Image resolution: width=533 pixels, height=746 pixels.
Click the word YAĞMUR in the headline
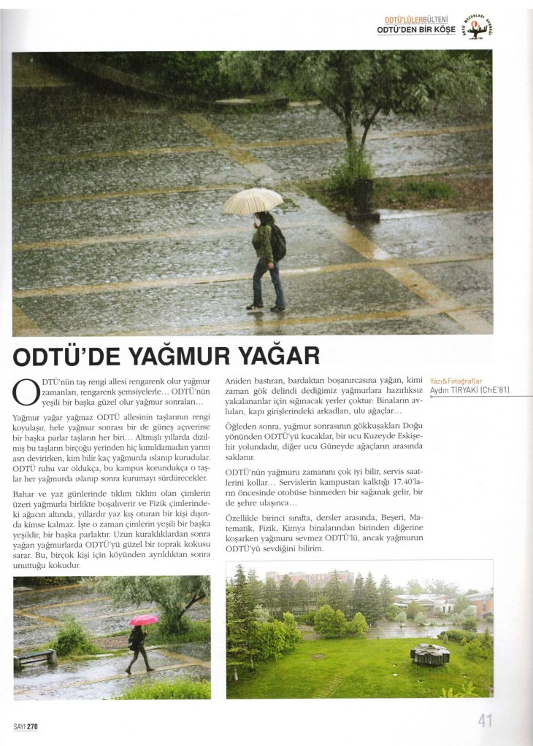[x=186, y=356]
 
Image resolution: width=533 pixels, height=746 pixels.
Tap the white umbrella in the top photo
[x=253, y=200]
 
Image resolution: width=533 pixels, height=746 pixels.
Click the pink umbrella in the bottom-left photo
[x=143, y=620]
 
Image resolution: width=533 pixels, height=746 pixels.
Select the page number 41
[x=485, y=720]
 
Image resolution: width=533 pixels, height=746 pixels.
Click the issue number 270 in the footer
[x=32, y=726]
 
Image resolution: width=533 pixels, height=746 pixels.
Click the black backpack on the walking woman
[x=277, y=243]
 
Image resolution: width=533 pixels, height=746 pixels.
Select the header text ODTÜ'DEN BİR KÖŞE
[x=415, y=30]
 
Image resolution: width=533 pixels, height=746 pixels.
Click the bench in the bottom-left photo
[x=35, y=658]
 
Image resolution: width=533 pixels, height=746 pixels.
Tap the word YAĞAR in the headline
[x=280, y=356]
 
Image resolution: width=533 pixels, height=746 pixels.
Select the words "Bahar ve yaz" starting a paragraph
[x=37, y=494]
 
